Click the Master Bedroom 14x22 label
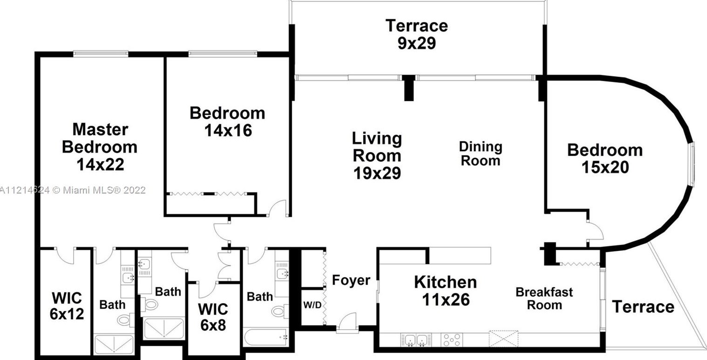point(99,146)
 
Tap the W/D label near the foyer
point(312,305)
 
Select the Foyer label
point(351,281)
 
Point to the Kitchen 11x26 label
point(446,291)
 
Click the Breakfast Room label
point(544,298)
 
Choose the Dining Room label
point(480,153)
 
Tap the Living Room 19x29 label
point(376,155)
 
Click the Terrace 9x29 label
point(416,34)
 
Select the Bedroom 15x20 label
point(604,159)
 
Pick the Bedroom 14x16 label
point(227,121)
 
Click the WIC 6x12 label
point(67,306)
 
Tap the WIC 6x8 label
point(213,317)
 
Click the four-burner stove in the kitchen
point(451,339)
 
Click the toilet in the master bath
point(124,319)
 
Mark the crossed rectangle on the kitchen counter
point(503,338)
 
